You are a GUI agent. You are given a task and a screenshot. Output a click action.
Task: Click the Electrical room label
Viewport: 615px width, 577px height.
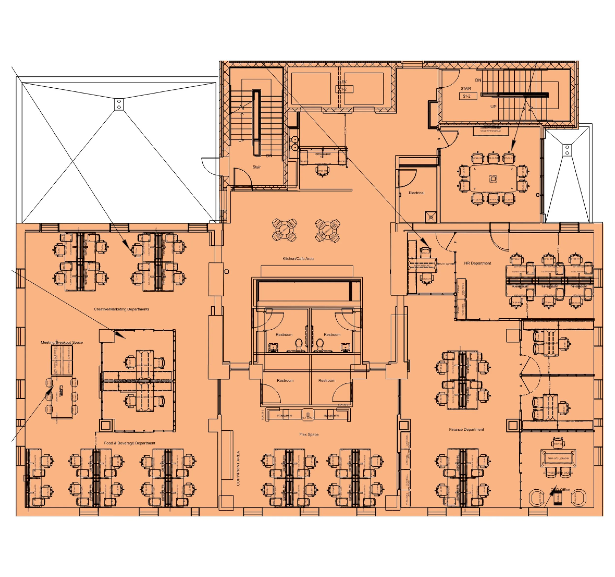point(416,192)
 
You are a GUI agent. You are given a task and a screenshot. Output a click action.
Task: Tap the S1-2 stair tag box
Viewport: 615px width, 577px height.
point(468,96)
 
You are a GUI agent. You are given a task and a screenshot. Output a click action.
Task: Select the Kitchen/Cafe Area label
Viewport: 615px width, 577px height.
point(298,258)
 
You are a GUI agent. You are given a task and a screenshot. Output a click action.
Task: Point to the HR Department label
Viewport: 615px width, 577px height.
point(477,263)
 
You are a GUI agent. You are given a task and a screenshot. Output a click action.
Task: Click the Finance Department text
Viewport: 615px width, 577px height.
point(466,429)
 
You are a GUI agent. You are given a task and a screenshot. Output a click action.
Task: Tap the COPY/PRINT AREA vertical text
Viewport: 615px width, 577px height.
point(238,468)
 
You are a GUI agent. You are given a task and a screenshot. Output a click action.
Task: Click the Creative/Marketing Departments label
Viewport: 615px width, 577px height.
point(122,309)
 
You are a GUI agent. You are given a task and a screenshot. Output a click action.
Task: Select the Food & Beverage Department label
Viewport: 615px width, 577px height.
point(130,443)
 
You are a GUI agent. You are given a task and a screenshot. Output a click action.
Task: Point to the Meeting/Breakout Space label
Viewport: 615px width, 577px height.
point(62,342)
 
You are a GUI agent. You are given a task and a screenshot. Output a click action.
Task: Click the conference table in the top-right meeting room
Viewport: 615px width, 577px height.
point(493,179)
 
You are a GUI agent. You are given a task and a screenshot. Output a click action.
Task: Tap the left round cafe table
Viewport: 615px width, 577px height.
point(285,230)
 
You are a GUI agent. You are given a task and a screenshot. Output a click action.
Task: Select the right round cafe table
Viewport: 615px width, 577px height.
point(328,230)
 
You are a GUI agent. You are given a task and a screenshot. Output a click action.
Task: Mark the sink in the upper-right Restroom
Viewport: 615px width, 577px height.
point(345,347)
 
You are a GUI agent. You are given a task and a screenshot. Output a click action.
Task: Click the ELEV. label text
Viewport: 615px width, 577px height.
point(342,82)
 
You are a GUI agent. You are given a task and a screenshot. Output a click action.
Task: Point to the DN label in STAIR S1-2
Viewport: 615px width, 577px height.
point(478,80)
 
